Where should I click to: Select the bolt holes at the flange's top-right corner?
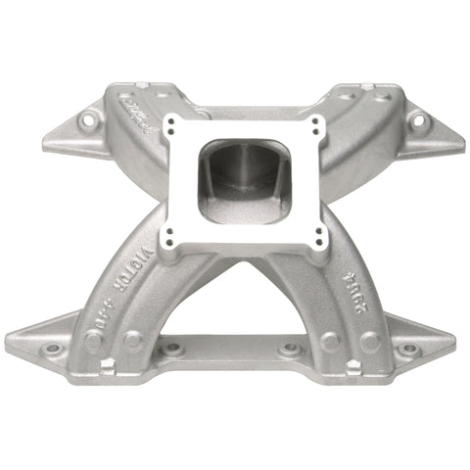tap(315, 124)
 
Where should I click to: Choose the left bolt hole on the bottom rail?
tap(180, 348)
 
